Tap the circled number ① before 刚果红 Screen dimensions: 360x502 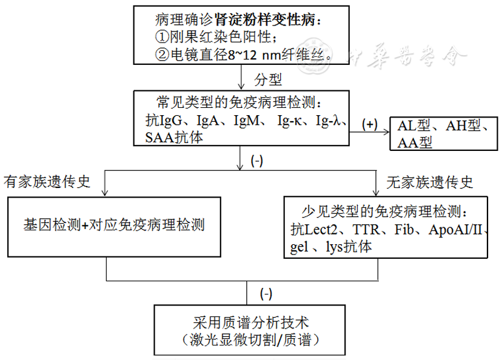[x=162, y=38]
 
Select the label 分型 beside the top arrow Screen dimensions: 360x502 [x=266, y=79]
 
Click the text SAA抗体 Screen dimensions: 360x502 [x=174, y=138]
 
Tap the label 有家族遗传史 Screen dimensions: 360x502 [x=47, y=182]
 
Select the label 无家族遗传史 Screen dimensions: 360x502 [x=430, y=182]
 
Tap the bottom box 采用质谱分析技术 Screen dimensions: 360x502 [x=252, y=322]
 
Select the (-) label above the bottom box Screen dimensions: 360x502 [x=266, y=295]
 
